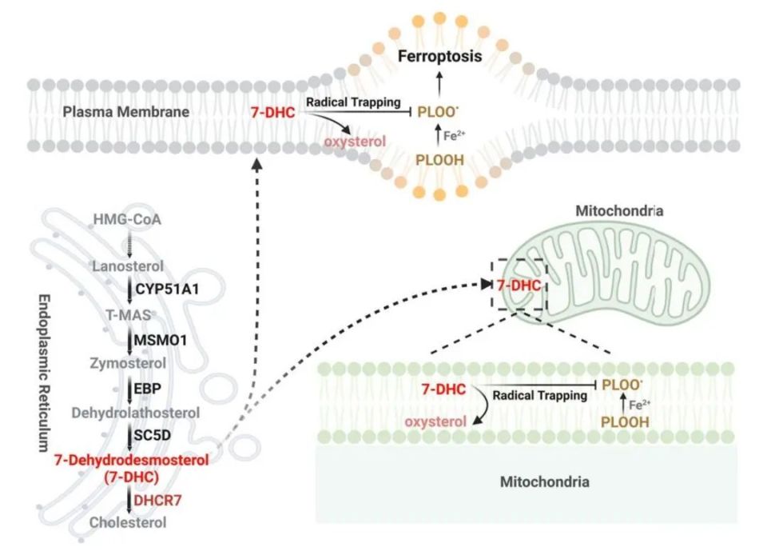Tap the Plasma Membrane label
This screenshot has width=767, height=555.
(x=126, y=112)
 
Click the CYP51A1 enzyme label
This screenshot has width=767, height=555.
(x=167, y=287)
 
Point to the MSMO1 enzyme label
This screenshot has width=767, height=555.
(x=161, y=340)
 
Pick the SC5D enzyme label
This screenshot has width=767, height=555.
(x=153, y=437)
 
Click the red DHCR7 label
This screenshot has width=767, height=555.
(x=157, y=500)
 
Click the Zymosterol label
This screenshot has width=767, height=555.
(x=128, y=364)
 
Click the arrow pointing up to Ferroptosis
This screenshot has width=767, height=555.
(x=437, y=80)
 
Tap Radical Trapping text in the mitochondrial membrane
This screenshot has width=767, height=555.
(x=528, y=395)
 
